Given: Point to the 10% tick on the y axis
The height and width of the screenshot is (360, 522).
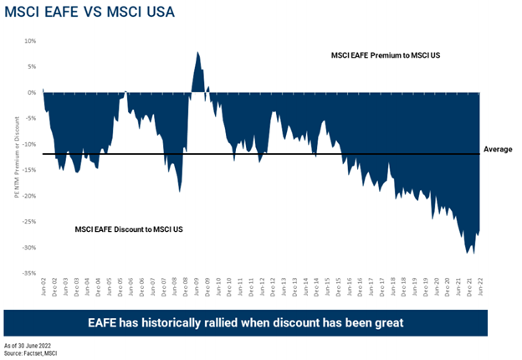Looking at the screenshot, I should pos(29,40).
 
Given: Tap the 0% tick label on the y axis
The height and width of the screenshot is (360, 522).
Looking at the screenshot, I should pos(31,92).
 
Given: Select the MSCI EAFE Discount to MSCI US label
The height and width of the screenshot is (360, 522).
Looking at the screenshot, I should pos(123,228).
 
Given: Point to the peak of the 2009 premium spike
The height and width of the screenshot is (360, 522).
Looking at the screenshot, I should pos(197,52).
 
